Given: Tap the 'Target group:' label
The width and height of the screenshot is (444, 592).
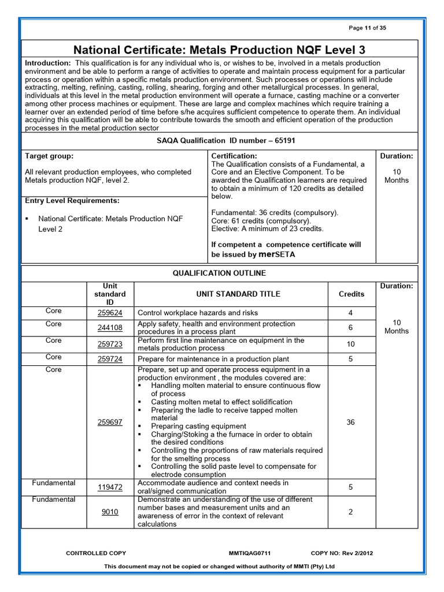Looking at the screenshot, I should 49,156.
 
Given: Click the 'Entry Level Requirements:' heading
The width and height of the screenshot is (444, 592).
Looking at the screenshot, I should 72,201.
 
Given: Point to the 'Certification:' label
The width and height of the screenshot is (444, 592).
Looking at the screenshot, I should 234,156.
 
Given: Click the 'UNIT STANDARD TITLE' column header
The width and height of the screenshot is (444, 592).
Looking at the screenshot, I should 230,294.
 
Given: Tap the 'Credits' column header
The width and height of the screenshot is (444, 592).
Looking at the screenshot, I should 351,294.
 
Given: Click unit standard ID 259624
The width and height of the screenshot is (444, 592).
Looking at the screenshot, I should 110,313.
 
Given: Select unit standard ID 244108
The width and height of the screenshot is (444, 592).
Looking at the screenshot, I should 110,328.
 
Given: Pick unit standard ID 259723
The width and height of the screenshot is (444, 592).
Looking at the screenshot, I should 110,344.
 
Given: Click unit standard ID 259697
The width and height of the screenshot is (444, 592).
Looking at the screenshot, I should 110,422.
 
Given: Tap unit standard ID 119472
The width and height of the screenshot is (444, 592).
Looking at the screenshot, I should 110,487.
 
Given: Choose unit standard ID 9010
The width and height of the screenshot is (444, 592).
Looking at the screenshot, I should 110,512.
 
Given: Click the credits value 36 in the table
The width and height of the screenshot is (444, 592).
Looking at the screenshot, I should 351,422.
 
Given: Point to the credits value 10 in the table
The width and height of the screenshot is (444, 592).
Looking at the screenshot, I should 351,344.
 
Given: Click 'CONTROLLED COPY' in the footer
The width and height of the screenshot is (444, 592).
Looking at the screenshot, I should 96,553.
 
